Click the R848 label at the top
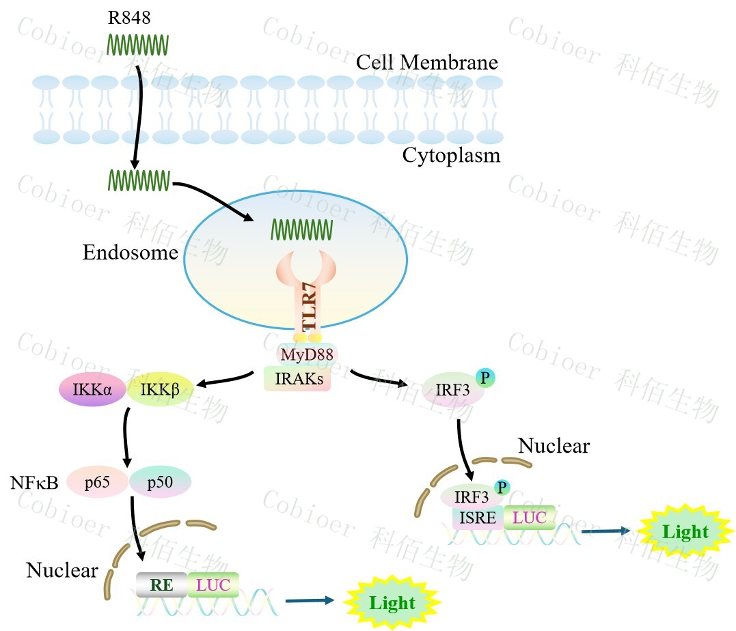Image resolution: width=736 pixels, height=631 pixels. coord(129,18)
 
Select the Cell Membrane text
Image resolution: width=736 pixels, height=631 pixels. coord(426,63)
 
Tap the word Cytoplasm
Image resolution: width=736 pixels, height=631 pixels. coord(451,156)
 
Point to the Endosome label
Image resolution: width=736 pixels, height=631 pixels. coord(130,253)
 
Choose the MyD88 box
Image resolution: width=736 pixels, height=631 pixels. coord(306,354)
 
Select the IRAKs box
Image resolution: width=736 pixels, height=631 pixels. coord(297,379)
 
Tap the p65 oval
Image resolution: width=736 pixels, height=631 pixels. coord(97,483)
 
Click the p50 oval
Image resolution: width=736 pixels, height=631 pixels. coord(160,483)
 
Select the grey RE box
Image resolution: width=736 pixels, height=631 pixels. coord(161,585)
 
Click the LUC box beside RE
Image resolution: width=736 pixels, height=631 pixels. coord(213,585)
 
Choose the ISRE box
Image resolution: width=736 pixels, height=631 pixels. coord(478,518)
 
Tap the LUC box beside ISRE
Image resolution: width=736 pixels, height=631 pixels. coord(529,518)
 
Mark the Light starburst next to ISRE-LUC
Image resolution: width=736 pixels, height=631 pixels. coord(685,532)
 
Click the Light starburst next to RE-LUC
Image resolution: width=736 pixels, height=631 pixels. coord(392,603)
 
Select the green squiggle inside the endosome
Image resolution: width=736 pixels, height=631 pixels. coord(302,229)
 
